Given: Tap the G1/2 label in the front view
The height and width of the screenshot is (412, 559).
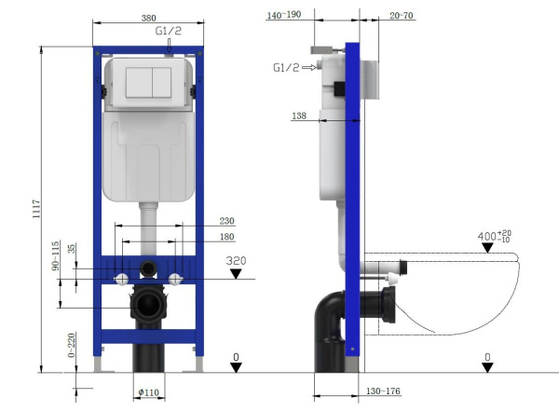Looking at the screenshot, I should (169, 31).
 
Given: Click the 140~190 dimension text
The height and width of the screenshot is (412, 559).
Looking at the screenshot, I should (285, 15).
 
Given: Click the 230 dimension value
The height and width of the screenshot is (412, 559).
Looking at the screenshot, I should (226, 221).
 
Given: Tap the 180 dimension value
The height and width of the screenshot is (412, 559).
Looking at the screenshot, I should (226, 238).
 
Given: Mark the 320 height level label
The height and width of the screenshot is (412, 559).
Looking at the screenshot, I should (236, 261).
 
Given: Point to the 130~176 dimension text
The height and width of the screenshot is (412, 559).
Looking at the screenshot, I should (382, 391).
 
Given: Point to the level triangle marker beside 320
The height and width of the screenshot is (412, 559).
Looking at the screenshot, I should (236, 274).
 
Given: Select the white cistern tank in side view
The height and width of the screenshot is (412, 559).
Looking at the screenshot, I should (331, 158).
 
